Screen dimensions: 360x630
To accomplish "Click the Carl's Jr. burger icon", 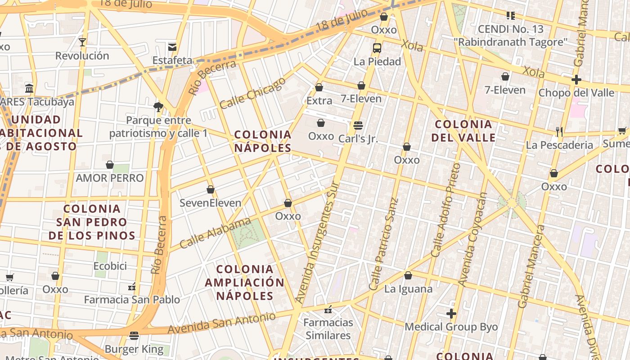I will [358, 125].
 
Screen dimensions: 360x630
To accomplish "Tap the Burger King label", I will [134, 349].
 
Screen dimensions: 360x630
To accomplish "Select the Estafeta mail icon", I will [172, 47].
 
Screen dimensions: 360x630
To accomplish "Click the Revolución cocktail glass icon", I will [82, 42].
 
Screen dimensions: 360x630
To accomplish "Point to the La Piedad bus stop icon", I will [377, 48].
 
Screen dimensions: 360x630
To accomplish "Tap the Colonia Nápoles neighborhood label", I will [263, 141].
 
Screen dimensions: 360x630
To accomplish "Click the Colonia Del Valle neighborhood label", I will [463, 130].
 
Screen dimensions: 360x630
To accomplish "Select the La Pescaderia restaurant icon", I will [559, 131].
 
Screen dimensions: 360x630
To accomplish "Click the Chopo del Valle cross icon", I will [576, 80].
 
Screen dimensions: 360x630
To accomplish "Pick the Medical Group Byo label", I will [451, 327].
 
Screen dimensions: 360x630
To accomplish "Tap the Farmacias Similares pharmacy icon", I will [328, 310].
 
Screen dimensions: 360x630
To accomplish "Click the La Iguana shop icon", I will [408, 275].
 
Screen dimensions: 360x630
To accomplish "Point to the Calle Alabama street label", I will [215, 233].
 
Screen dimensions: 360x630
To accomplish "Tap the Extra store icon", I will [319, 87].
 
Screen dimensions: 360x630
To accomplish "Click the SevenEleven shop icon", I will [210, 189].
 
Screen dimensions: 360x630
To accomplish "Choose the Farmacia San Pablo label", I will [132, 300].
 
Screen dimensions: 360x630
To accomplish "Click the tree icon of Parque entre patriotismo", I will [158, 107].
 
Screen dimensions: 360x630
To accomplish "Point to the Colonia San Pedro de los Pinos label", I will [92, 222].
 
